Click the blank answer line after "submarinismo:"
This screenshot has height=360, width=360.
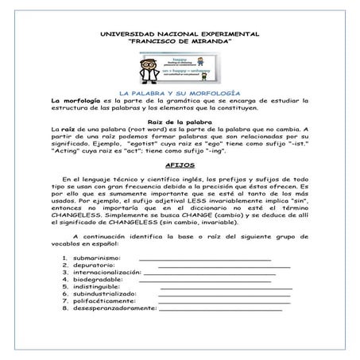click(x=205, y=260)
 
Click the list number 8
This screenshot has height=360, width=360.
click(x=64, y=308)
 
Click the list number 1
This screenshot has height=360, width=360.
click(x=64, y=258)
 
